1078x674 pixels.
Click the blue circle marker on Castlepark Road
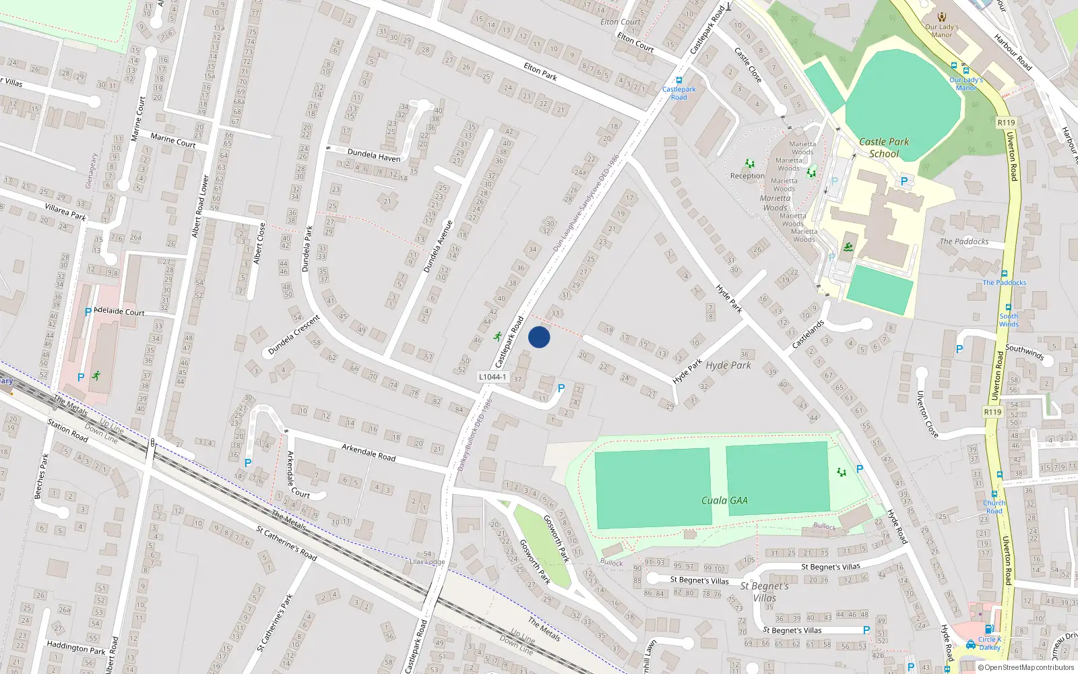(x=539, y=337)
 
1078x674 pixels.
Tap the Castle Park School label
(x=884, y=148)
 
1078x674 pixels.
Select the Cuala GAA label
(x=724, y=500)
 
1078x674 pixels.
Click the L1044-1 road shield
(x=493, y=377)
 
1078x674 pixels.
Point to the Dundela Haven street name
(x=373, y=155)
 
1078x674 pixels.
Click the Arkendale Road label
(x=369, y=452)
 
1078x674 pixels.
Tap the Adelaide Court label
(x=119, y=311)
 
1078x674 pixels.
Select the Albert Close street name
(x=259, y=243)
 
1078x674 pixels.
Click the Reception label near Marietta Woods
(x=747, y=176)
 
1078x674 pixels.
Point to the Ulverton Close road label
(x=926, y=414)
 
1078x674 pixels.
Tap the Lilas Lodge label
(x=427, y=561)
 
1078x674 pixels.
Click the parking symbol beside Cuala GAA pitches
(x=860, y=469)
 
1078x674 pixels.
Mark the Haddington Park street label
(x=76, y=648)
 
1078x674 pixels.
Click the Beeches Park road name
(x=41, y=476)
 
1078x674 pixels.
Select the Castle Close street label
(x=748, y=65)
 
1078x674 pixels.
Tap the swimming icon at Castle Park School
(x=848, y=247)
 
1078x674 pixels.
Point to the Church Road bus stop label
(x=994, y=506)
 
